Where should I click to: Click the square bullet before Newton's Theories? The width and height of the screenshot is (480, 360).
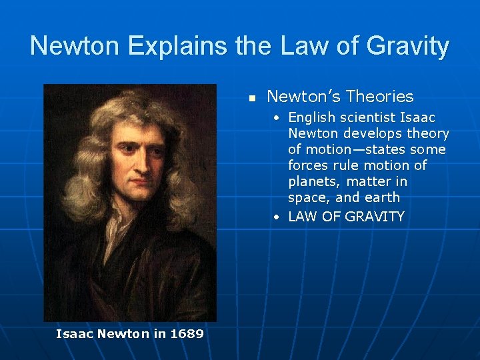coord(252,98)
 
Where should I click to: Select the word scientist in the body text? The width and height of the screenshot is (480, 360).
coord(368,118)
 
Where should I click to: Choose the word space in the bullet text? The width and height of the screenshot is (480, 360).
coord(307,198)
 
